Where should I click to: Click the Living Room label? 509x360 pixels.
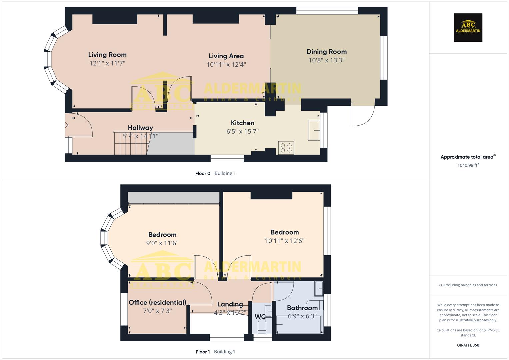pos(107,55)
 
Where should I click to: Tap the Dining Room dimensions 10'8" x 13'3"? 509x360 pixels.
pos(326,60)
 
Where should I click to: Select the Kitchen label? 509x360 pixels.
pos(242,123)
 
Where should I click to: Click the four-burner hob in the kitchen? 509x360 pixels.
pos(286,147)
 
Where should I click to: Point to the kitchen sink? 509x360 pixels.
pos(314,130)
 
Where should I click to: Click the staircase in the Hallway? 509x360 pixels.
pos(131,143)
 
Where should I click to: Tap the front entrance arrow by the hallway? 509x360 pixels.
pos(65,125)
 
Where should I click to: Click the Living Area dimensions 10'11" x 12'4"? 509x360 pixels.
pos(226,65)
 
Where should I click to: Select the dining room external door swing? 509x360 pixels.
pos(363,115)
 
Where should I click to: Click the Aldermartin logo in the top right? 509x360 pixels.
pos(468,28)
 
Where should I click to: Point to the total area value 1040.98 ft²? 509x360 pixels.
pos(468,165)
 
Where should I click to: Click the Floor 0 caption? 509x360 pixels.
pos(203,173)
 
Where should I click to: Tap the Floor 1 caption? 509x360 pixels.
pos(203,352)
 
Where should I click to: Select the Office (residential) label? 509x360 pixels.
pos(157,302)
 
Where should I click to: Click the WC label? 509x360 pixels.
pos(260,316)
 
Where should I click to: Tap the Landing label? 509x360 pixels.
pos(230,304)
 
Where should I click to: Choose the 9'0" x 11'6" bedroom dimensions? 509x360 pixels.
pos(162,243)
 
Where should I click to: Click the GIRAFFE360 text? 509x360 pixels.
pos(468,345)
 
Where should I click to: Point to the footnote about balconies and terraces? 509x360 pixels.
pos(468,285)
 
